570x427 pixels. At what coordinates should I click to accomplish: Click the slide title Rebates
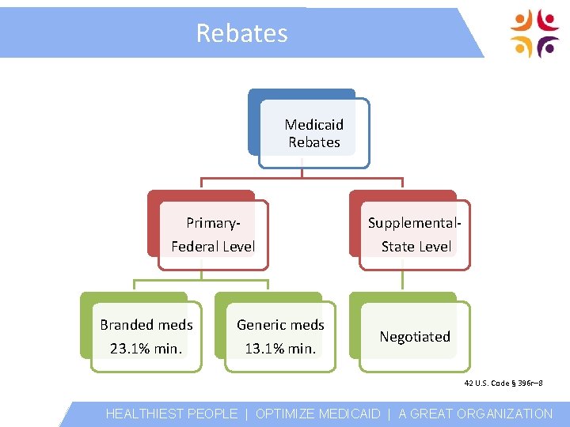pos(241,33)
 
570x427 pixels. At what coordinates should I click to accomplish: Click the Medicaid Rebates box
pos(313,134)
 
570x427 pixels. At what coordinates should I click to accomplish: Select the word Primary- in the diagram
pos(212,223)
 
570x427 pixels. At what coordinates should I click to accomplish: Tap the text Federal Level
pos(213,247)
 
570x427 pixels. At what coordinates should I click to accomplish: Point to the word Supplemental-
pos(415,223)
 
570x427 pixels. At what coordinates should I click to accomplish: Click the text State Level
pos(416,247)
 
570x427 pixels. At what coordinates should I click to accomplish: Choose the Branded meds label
pos(146,324)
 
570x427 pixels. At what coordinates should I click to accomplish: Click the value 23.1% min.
pos(146,348)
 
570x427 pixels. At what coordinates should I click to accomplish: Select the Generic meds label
pos(280,324)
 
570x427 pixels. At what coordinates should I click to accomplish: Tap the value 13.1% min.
pos(280,348)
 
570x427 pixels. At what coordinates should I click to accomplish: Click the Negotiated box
pos(414,336)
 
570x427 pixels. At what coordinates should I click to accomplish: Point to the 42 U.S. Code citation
pos(503,384)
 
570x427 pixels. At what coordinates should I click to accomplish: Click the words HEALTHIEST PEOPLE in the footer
pos(172,414)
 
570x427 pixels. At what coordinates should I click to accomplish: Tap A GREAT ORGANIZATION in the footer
pos(476,414)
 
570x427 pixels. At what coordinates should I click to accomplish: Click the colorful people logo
pos(535,34)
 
